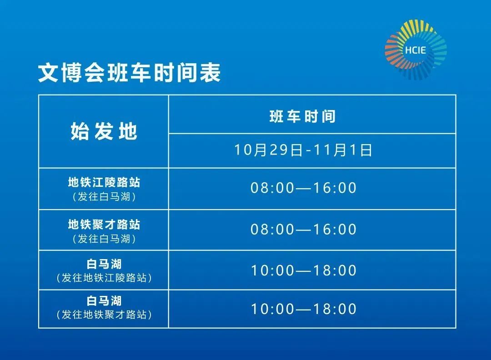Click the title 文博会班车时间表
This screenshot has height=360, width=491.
point(130,73)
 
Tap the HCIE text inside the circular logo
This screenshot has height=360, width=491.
point(415,50)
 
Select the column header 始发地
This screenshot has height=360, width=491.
point(104,131)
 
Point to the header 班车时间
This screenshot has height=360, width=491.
point(302,116)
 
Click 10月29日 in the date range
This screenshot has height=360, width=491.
point(268,150)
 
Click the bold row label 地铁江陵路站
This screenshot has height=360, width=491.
point(104,182)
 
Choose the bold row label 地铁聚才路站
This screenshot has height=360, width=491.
point(104,224)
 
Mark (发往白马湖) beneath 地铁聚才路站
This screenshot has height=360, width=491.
point(104,239)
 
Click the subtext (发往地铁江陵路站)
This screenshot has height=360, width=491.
point(104,278)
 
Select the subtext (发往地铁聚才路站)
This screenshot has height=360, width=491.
point(104,314)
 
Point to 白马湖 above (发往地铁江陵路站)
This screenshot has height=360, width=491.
point(104,264)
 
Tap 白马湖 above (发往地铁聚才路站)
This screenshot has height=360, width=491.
point(104,300)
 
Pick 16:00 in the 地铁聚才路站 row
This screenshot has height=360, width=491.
point(335,230)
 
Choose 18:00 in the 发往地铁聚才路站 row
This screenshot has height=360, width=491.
point(335,310)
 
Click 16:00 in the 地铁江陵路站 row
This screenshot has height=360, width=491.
point(335,188)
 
